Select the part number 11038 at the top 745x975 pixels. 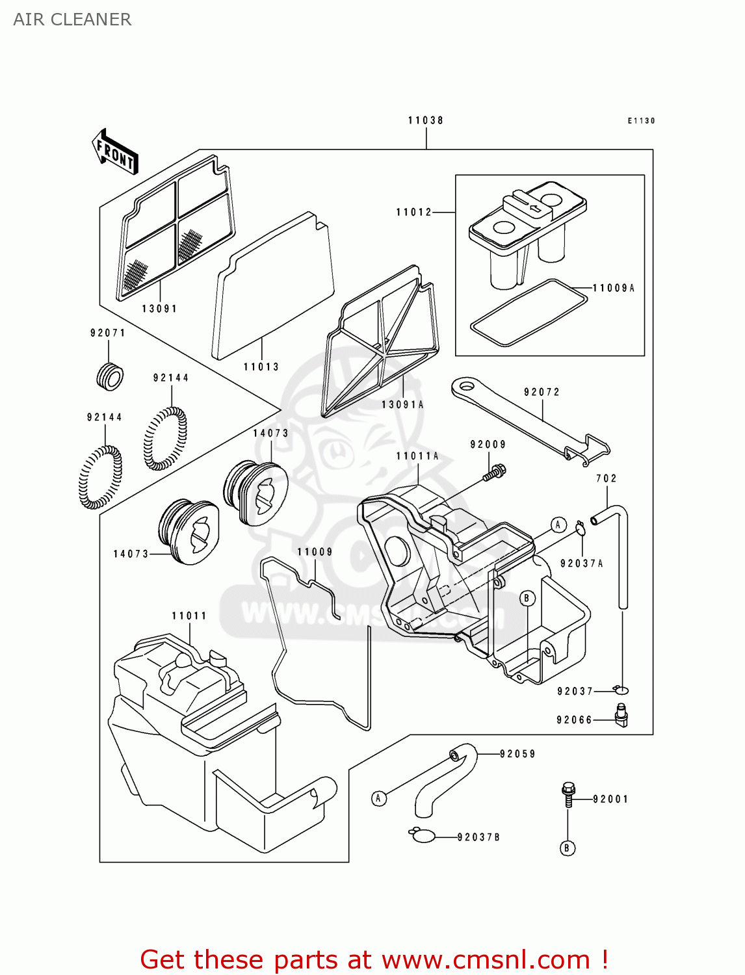(x=426, y=120)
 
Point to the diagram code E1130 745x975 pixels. (x=641, y=121)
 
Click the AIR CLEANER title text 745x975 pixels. (x=72, y=19)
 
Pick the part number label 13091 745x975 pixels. (x=159, y=309)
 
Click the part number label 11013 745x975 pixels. (x=261, y=367)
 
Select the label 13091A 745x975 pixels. (x=402, y=404)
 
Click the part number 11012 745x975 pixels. (x=414, y=212)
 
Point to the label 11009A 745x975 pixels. (x=614, y=288)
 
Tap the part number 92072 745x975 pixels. (x=542, y=392)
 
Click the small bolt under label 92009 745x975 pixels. (x=495, y=472)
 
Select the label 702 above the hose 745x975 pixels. (x=606, y=478)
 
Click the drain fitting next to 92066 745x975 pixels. (x=621, y=715)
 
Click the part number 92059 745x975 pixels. (x=517, y=754)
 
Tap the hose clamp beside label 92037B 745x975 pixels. (x=423, y=835)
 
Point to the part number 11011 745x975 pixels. (x=189, y=616)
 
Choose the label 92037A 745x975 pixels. (x=582, y=564)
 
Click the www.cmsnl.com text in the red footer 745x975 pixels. (x=485, y=960)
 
